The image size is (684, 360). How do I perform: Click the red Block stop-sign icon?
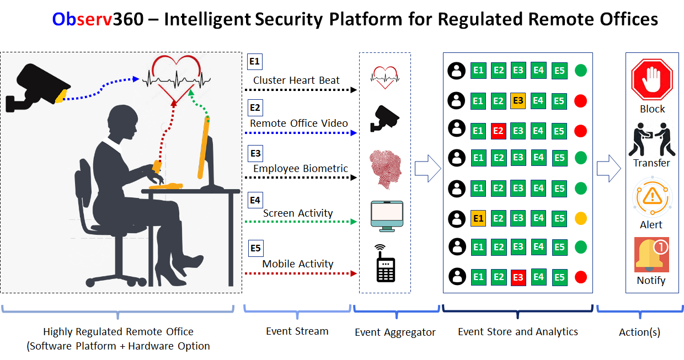[x=652, y=79]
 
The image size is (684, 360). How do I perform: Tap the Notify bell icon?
[x=651, y=255]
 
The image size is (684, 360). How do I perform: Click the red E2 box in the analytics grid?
[x=498, y=131]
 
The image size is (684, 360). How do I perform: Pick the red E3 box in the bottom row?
[x=518, y=277]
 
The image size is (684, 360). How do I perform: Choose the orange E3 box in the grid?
[x=518, y=100]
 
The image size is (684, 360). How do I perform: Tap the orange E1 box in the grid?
[x=478, y=218]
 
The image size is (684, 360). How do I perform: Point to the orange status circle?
[x=580, y=218]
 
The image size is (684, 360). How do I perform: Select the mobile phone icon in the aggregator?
[x=385, y=264]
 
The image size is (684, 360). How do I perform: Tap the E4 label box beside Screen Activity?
[x=255, y=200]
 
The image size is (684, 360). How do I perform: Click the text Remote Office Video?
[x=299, y=123]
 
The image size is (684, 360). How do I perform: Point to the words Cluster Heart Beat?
[x=296, y=80]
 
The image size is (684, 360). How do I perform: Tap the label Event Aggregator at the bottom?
[x=395, y=332]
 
